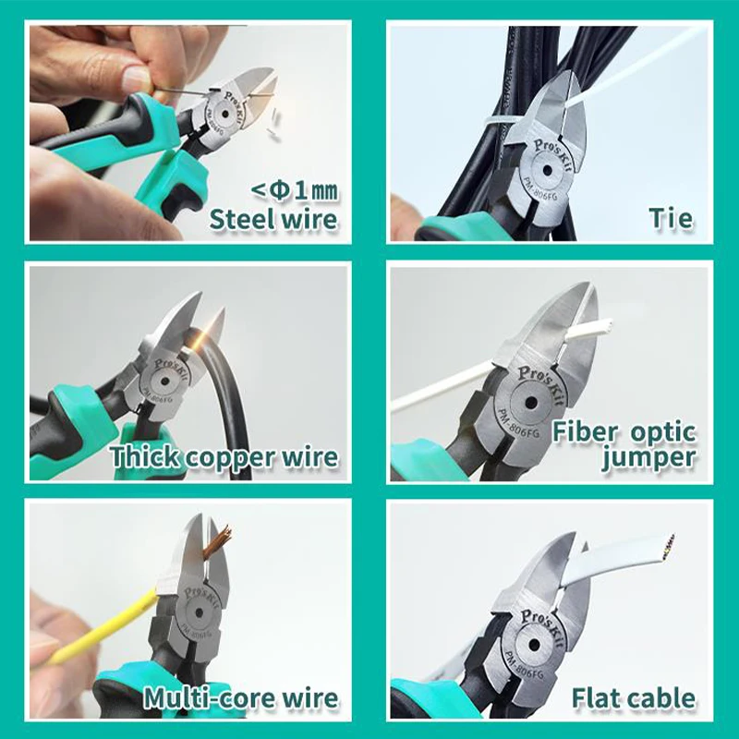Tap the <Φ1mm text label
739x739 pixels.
295,190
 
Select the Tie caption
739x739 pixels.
672,218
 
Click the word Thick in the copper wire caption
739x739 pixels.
145,456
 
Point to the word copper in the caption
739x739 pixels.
229,458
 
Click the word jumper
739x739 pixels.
649,457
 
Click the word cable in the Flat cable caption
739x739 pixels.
659,698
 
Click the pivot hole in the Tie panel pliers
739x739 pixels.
547,170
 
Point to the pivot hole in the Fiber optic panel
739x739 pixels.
531,403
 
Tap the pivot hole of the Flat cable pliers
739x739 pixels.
534,644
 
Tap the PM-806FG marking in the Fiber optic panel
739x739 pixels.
516,425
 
